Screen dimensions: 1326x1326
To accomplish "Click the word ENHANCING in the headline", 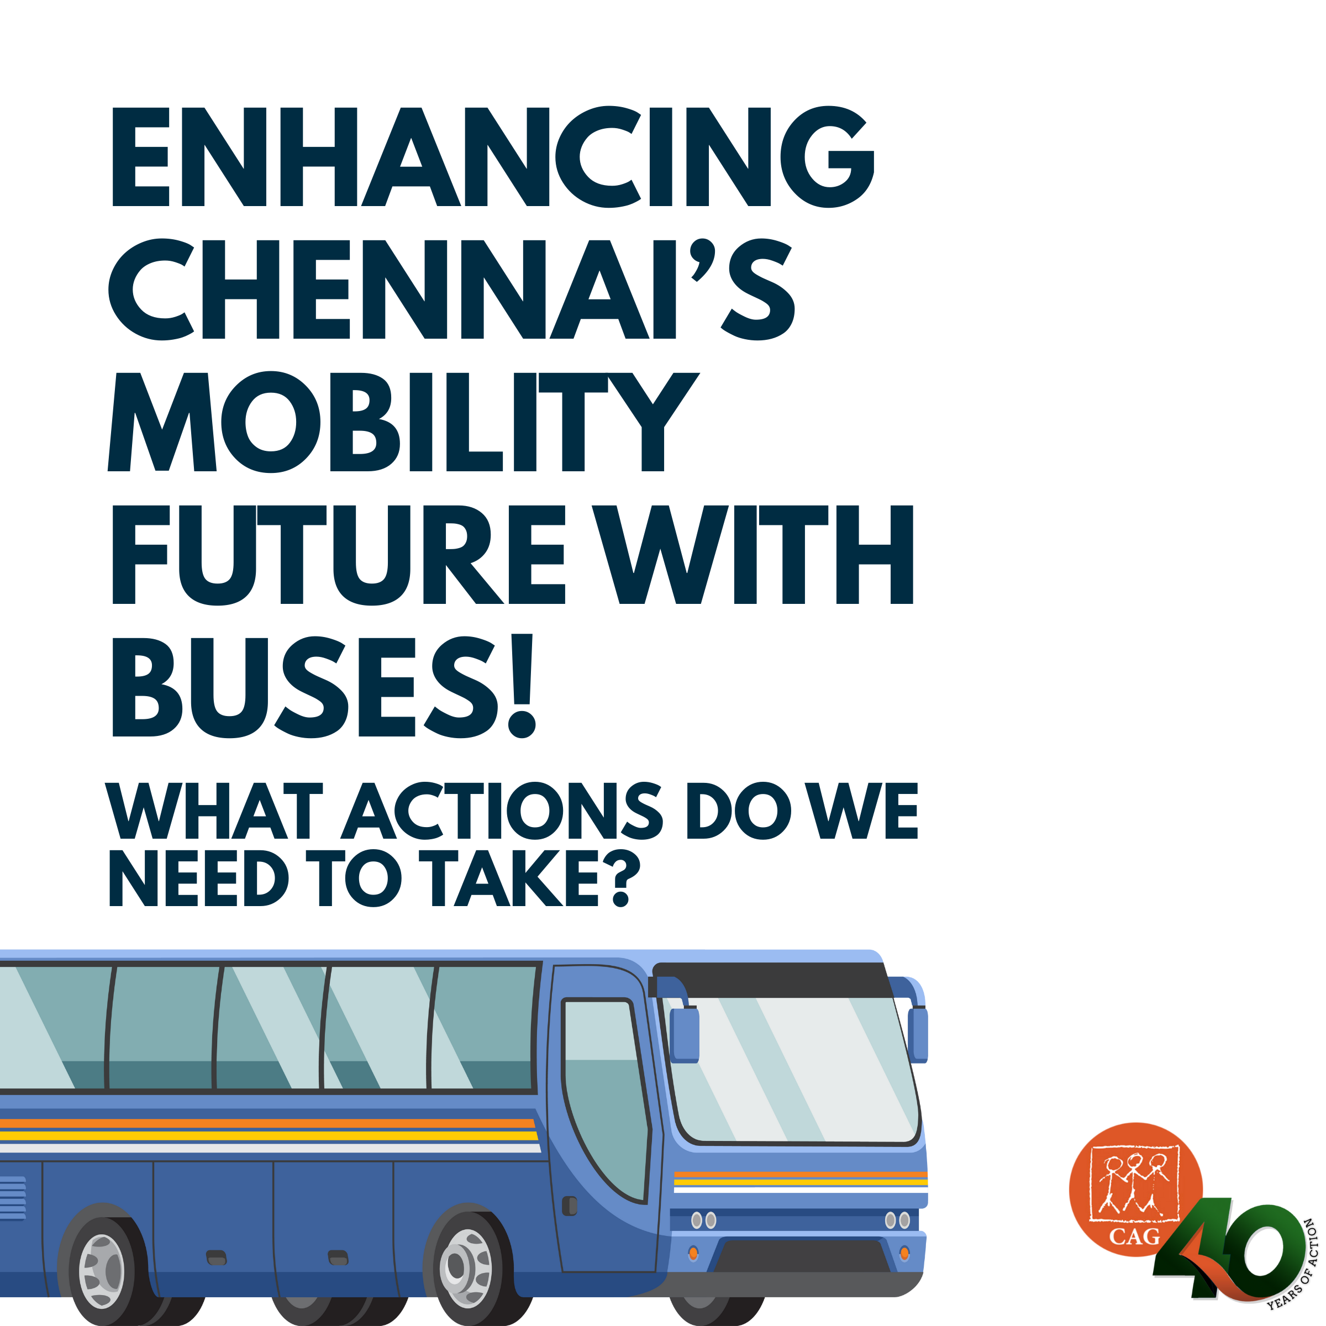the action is tap(493, 156).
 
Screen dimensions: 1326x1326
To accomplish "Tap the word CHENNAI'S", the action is tap(451, 289).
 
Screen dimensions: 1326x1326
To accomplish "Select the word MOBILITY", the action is tap(403, 422).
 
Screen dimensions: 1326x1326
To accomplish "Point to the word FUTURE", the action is tap(339, 555).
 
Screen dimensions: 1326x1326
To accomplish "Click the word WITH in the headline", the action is tap(752, 555).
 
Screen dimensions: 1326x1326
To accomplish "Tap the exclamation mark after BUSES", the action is tap(522, 686).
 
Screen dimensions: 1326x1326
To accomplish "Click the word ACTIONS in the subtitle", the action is tap(502, 811).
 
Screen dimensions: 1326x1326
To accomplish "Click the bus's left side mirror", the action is tap(685, 1034).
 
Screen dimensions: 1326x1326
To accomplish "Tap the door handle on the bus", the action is tap(570, 1206).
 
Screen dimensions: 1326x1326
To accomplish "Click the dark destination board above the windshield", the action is tap(772, 980).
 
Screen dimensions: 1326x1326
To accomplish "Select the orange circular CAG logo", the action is tap(1135, 1190).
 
